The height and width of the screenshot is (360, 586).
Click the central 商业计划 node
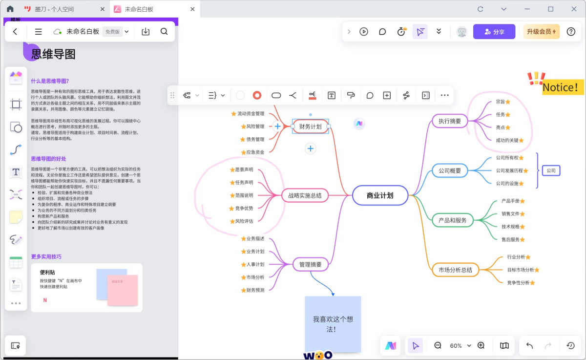click(x=380, y=195)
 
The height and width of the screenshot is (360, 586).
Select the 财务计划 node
click(x=310, y=127)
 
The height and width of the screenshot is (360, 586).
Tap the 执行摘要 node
click(x=450, y=121)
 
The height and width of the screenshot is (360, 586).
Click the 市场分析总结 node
click(x=455, y=270)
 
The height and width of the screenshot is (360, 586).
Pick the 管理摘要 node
click(x=310, y=265)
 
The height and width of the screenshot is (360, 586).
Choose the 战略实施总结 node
click(x=305, y=195)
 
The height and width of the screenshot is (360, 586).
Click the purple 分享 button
click(x=494, y=32)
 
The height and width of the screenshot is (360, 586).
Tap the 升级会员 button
click(x=541, y=32)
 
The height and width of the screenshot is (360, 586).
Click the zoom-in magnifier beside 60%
click(x=481, y=345)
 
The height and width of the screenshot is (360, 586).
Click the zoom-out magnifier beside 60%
click(x=438, y=345)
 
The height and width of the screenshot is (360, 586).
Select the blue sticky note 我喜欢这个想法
click(x=333, y=324)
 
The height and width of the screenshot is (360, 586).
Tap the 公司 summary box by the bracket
click(x=551, y=170)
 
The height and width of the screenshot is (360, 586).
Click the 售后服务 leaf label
click(x=510, y=239)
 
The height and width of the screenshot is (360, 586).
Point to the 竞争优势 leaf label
click(x=244, y=208)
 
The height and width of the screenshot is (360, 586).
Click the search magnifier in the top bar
click(x=164, y=32)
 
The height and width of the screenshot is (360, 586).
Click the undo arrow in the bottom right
click(x=529, y=346)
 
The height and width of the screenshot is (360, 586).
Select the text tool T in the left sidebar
click(x=16, y=171)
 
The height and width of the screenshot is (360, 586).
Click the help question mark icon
click(x=571, y=32)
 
